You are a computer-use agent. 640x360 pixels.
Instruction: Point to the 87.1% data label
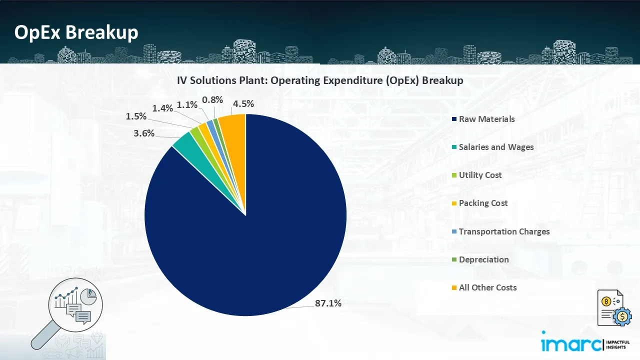click(x=328, y=303)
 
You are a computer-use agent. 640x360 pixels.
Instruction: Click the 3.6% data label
click(x=144, y=133)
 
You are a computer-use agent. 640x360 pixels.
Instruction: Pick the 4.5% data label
click(x=243, y=104)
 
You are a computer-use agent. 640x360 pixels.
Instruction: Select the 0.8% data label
click(x=212, y=99)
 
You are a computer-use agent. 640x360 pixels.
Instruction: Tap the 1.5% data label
click(x=136, y=116)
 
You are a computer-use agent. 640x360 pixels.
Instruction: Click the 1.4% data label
click(x=162, y=107)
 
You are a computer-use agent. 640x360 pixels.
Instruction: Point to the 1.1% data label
click(x=187, y=105)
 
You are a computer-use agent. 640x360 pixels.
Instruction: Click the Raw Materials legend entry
click(x=486, y=119)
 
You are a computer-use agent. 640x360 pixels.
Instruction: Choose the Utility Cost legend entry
click(x=479, y=175)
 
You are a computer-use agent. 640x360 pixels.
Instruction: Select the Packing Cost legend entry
click(x=482, y=203)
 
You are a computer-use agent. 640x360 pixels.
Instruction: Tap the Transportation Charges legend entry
click(x=503, y=231)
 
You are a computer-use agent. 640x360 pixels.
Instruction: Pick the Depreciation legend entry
click(x=483, y=259)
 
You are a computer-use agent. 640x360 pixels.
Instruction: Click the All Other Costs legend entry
click(x=487, y=287)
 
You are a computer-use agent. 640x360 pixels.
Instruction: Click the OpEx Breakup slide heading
click(x=76, y=32)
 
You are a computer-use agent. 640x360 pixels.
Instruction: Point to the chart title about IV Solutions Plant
click(x=319, y=80)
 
